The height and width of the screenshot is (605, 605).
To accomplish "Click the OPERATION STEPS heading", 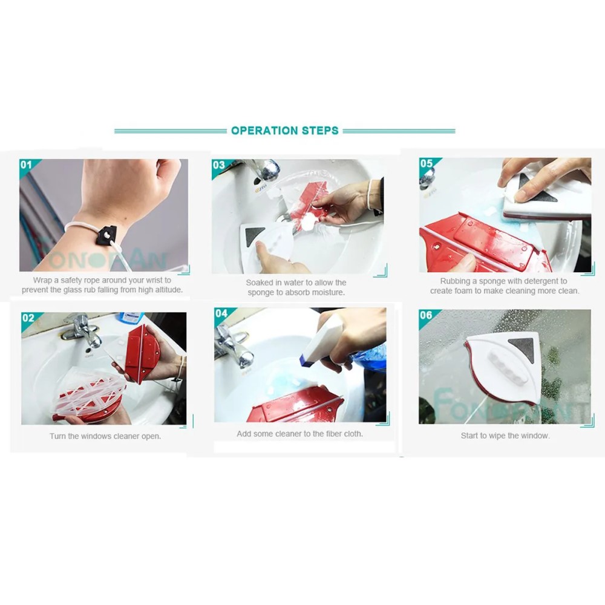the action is [285, 131].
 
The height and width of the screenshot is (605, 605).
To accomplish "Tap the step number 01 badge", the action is [26, 165].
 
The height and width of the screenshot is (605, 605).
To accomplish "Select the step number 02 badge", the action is [28, 318].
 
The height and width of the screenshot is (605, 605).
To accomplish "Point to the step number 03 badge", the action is [219, 165].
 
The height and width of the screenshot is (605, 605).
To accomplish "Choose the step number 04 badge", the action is [221, 313].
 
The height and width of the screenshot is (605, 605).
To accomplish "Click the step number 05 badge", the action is [427, 163].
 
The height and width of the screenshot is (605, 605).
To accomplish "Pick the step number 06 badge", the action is [426, 315].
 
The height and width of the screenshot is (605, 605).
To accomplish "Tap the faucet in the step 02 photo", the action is [82, 329].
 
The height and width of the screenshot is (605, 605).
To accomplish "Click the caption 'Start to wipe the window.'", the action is [505, 436].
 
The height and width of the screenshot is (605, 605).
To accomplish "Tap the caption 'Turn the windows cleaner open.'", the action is [105, 436].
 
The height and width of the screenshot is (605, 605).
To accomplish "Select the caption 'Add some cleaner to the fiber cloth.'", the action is [300, 434].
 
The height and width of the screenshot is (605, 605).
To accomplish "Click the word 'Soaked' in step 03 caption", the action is [260, 283].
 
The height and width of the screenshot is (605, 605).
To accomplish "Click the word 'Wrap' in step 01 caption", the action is [42, 280].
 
